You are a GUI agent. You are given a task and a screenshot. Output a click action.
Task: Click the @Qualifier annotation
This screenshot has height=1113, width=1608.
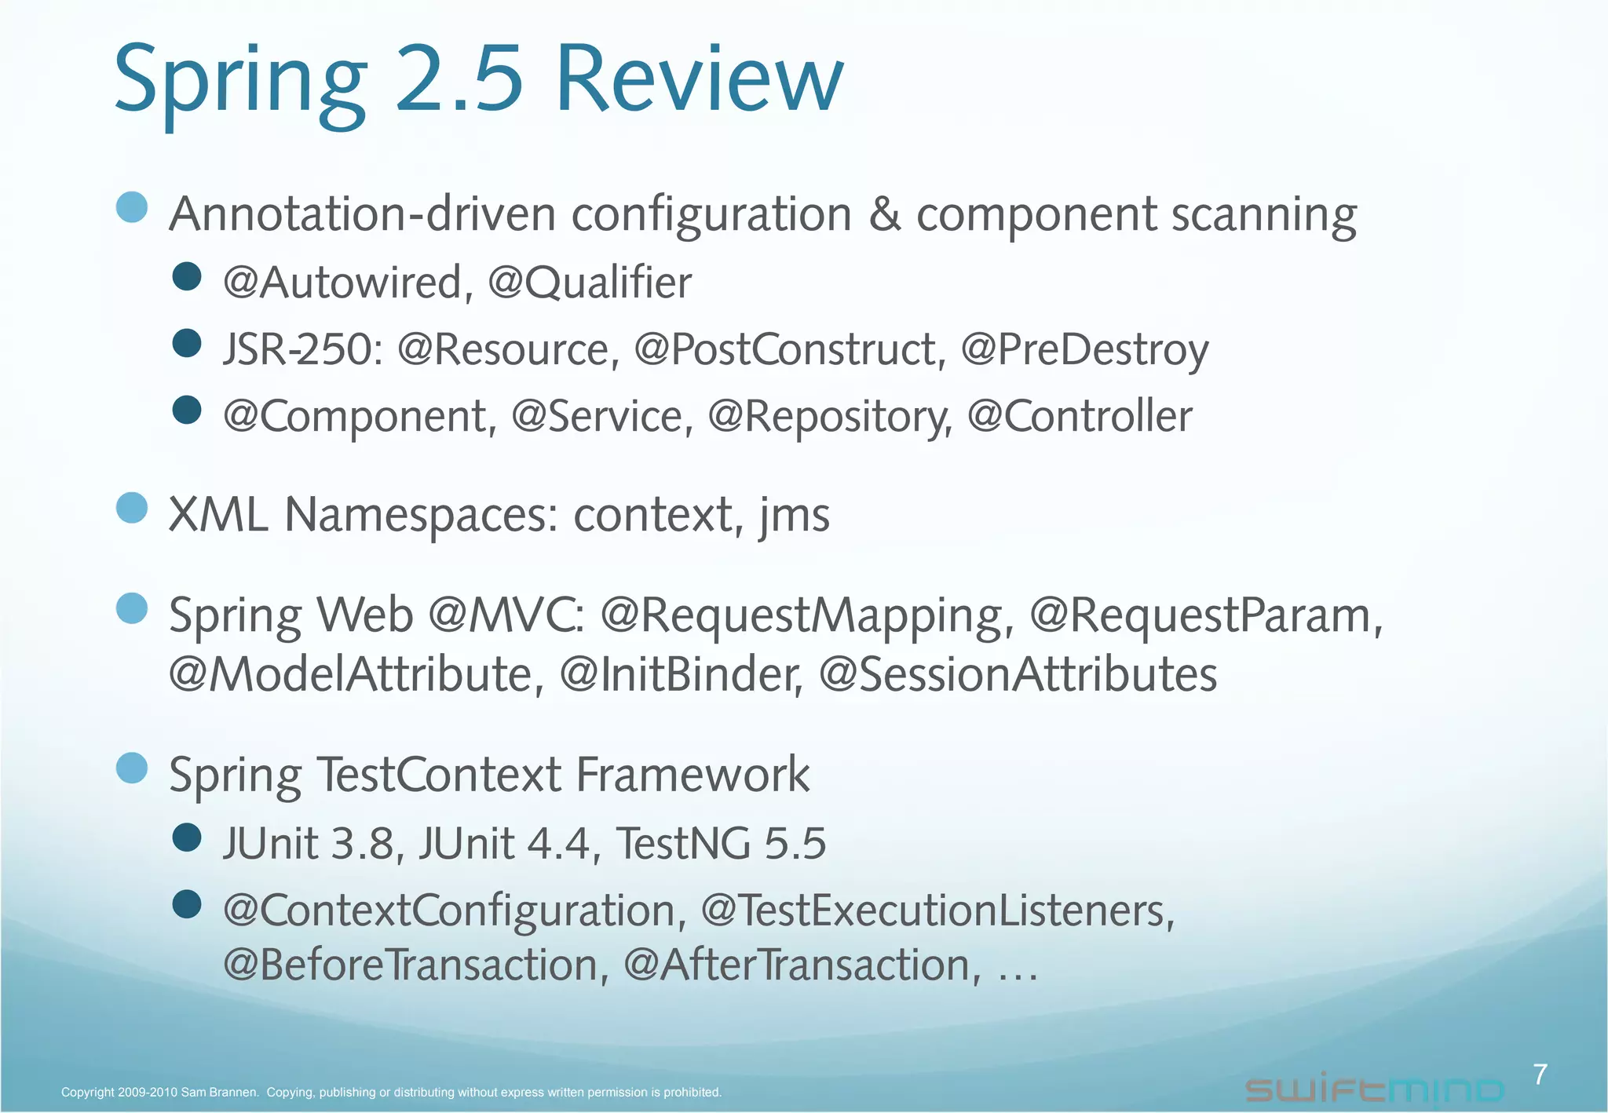pyautogui.click(x=590, y=283)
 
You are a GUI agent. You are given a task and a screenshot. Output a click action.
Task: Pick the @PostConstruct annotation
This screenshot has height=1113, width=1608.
pyautogui.click(x=790, y=349)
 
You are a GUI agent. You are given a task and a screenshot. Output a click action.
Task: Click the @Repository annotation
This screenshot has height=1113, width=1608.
pyautogui.click(x=829, y=417)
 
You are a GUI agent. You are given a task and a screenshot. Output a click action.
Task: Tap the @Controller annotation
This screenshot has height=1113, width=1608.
pyautogui.click(x=1080, y=416)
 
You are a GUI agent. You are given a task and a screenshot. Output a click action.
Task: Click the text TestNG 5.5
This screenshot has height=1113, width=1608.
pyautogui.click(x=721, y=844)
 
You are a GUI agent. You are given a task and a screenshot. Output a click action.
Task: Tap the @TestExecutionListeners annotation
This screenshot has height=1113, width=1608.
pyautogui.click(x=937, y=911)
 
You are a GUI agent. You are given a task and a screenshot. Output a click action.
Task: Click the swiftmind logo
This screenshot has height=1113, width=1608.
pyautogui.click(x=1374, y=1089)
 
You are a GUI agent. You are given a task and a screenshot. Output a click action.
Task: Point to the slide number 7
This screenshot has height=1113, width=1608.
pyautogui.click(x=1540, y=1074)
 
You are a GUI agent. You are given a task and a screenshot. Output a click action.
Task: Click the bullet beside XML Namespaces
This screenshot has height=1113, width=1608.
pyautogui.click(x=132, y=508)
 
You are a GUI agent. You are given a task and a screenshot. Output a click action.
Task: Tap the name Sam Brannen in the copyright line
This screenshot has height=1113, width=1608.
pyautogui.click(x=219, y=1092)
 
